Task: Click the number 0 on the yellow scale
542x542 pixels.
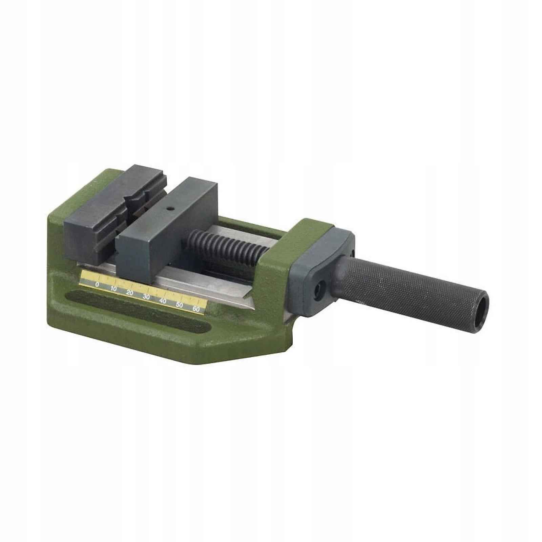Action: pyautogui.click(x=97, y=285)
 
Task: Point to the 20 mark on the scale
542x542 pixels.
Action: pyautogui.click(x=130, y=292)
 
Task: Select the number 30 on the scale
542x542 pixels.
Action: pyautogui.click(x=146, y=297)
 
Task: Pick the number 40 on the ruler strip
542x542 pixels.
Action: pyautogui.click(x=163, y=301)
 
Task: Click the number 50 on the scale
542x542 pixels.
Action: pyautogui.click(x=180, y=305)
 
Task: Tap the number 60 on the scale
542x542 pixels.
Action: pyautogui.click(x=195, y=309)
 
